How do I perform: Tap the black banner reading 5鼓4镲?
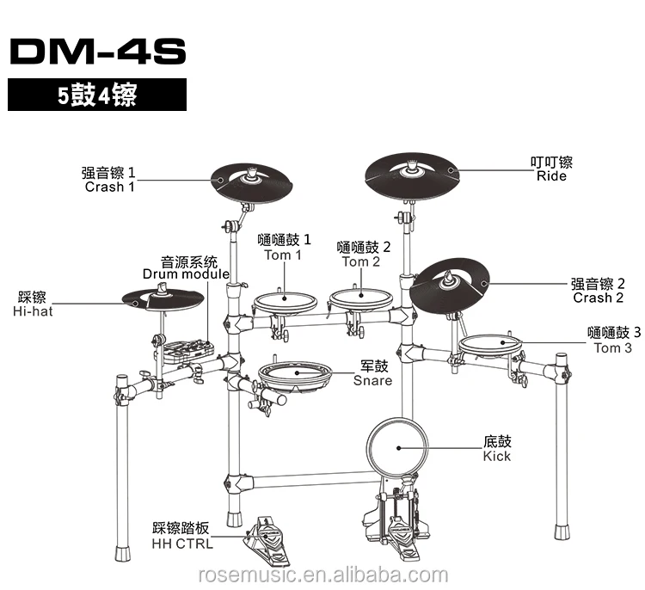[x=97, y=95]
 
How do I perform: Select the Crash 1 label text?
[x=109, y=179]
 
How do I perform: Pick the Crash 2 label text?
[x=599, y=291]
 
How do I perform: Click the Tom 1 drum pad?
[x=285, y=302]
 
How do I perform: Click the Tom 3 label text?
[x=612, y=341]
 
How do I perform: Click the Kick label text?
[x=497, y=448]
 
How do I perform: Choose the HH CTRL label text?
[x=183, y=536]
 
